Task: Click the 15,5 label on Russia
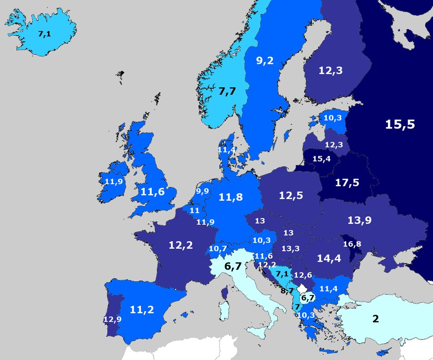click(x=400, y=124)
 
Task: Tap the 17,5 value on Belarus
click(x=347, y=183)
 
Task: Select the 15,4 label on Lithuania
click(x=321, y=159)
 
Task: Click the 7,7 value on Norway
click(x=228, y=91)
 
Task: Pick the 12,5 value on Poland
click(x=291, y=196)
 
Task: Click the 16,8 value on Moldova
click(x=352, y=244)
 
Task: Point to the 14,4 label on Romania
click(x=329, y=258)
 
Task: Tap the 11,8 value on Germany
click(x=231, y=197)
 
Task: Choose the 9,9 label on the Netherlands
click(x=202, y=191)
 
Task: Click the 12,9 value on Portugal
click(x=112, y=319)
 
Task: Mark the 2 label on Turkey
click(x=375, y=318)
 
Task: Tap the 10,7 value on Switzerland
click(x=218, y=248)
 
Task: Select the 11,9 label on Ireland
click(x=114, y=182)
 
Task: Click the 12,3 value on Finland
click(x=330, y=71)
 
